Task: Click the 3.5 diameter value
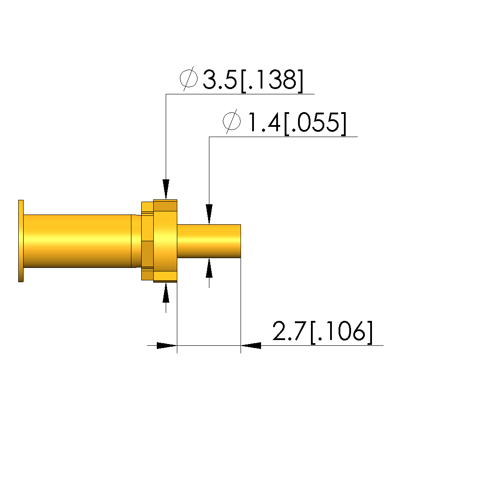[220, 80]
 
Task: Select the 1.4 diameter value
[264, 122]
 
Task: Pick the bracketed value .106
[342, 332]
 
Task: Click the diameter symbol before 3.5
[188, 79]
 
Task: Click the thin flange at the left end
[21, 241]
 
